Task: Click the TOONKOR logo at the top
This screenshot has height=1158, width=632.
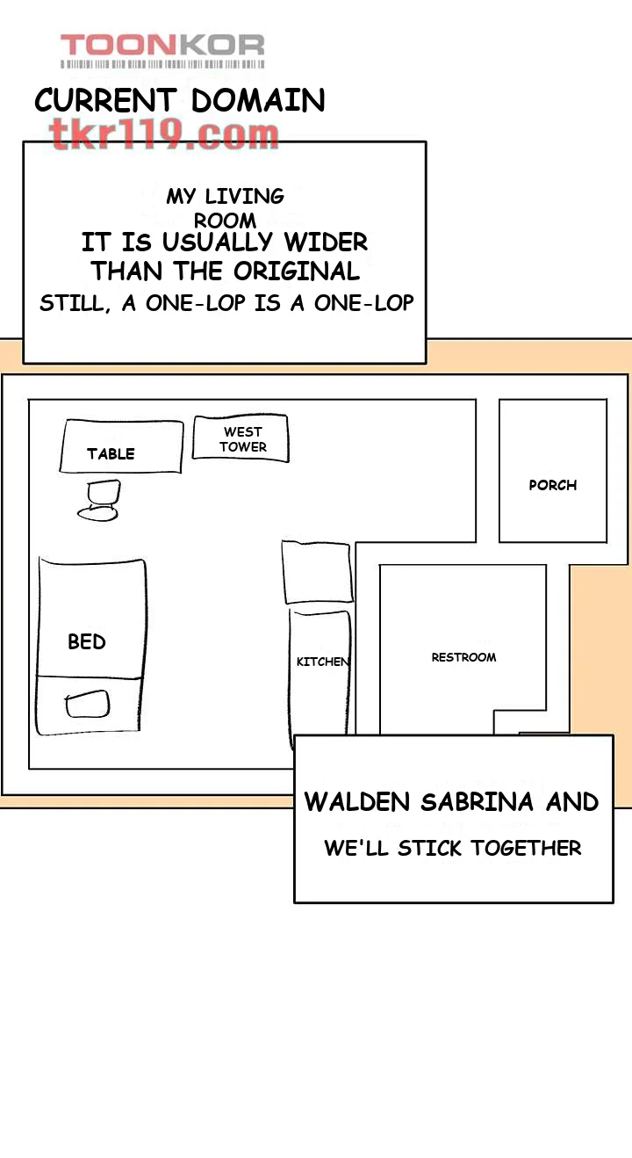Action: click(162, 50)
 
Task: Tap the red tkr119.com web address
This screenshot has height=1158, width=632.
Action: click(165, 134)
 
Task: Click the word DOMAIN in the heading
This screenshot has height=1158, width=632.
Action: click(258, 100)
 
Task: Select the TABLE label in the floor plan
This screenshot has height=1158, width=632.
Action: click(111, 454)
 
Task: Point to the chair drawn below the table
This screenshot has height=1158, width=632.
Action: click(98, 500)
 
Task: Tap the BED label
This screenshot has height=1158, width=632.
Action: click(87, 642)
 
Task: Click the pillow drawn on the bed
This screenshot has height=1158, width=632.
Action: click(87, 704)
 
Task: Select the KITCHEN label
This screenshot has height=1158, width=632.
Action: click(323, 662)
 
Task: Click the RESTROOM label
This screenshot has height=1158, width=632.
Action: click(463, 657)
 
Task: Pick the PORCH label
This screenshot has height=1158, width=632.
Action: click(552, 485)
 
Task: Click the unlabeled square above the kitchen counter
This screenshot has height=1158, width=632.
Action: click(318, 572)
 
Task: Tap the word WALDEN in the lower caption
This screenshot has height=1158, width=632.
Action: click(356, 802)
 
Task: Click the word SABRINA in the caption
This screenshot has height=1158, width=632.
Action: click(478, 802)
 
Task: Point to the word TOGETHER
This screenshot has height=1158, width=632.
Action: click(526, 849)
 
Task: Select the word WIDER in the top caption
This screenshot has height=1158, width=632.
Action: click(327, 242)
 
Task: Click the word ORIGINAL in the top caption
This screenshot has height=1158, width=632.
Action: click(297, 271)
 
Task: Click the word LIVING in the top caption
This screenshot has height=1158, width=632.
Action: click(244, 196)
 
